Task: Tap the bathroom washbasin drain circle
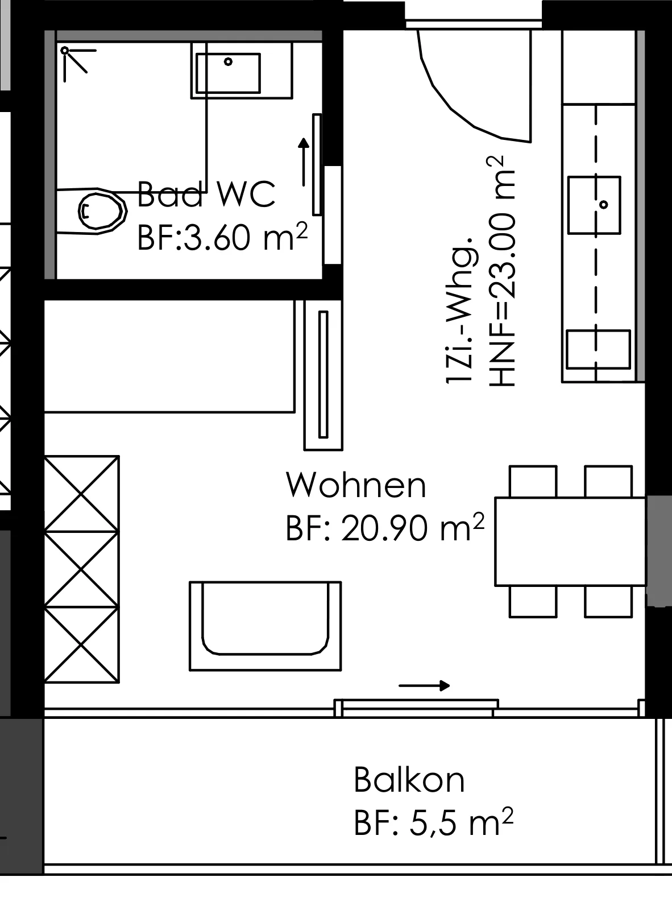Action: click(x=228, y=61)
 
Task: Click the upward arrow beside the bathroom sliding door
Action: click(x=304, y=162)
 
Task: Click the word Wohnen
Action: click(x=356, y=485)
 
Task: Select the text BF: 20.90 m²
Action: click(x=385, y=528)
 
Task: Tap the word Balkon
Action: click(x=409, y=780)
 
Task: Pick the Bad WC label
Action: click(x=206, y=193)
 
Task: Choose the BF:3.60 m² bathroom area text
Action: click(x=222, y=237)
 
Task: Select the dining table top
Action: click(x=570, y=541)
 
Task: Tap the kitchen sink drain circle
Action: click(x=603, y=204)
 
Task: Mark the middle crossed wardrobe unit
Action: click(x=82, y=569)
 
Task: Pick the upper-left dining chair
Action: click(x=533, y=482)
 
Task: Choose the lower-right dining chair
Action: click(x=608, y=602)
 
